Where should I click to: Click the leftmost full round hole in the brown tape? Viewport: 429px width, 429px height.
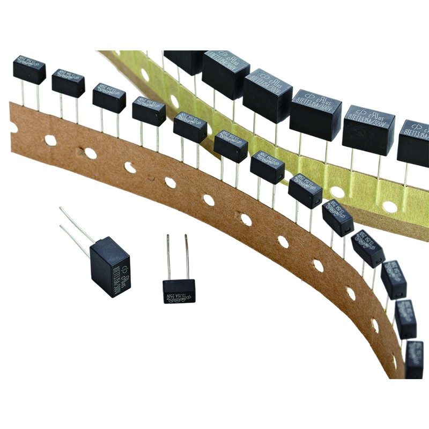(x=50, y=140)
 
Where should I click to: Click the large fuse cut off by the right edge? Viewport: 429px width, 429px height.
(x=413, y=143)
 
